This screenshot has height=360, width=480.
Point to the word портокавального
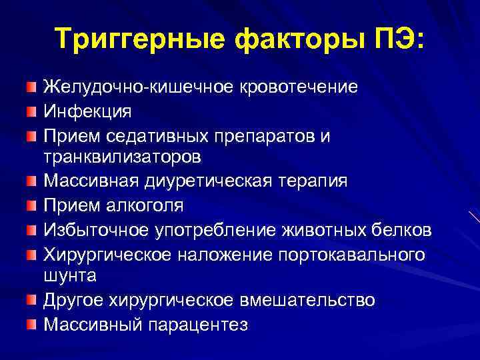356,254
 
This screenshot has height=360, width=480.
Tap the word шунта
68,275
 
